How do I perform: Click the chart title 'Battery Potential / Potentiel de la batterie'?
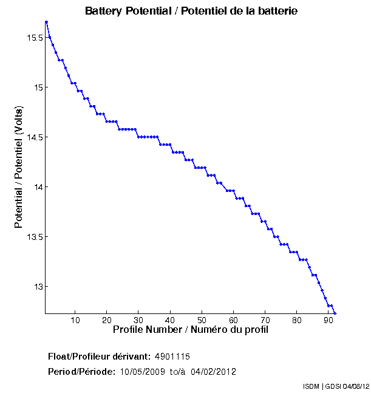click(x=191, y=11)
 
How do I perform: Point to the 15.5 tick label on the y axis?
click(x=34, y=38)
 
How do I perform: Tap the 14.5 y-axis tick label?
click(x=34, y=137)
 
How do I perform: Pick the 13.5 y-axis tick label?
click(x=34, y=237)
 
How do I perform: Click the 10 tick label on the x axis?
click(x=75, y=320)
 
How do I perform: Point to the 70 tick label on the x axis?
click(x=265, y=320)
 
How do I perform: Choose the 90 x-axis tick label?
click(x=328, y=320)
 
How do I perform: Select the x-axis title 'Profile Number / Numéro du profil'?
click(x=191, y=330)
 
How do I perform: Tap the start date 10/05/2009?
click(x=141, y=372)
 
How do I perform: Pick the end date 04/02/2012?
click(x=213, y=372)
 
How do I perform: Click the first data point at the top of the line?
click(x=46, y=22)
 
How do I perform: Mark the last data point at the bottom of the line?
click(x=335, y=313)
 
